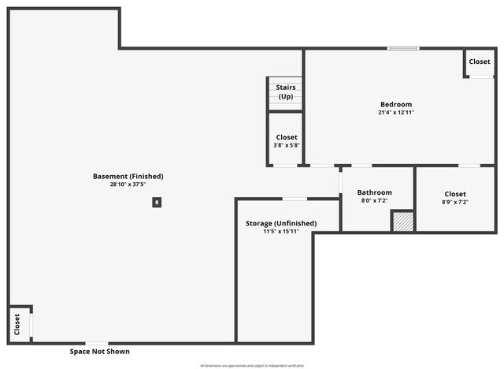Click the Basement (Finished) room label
128,176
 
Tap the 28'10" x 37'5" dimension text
128,184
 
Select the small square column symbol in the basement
157,203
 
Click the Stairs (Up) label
285,91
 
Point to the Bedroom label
395,104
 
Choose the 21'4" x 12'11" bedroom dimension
395,113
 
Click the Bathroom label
374,192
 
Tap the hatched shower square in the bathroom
402,222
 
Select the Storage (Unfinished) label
281,223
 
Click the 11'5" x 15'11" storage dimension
281,232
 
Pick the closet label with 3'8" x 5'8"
287,137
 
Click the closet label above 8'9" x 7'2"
455,194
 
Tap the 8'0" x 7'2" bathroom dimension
374,201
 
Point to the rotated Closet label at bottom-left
17,324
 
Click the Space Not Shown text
99,352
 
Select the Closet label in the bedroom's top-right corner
480,61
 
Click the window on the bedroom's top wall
403,49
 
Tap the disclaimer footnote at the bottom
251,366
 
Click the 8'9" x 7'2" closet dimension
455,203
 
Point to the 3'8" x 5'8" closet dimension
287,145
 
